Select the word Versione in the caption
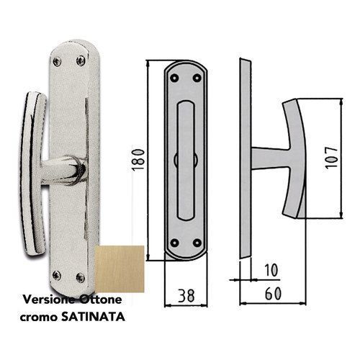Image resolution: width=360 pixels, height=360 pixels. pyautogui.click(x=49, y=298)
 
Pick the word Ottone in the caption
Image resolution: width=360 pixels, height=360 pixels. pyautogui.click(x=102, y=298)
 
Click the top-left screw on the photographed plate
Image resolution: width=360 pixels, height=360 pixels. pyautogui.click(x=59, y=61)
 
